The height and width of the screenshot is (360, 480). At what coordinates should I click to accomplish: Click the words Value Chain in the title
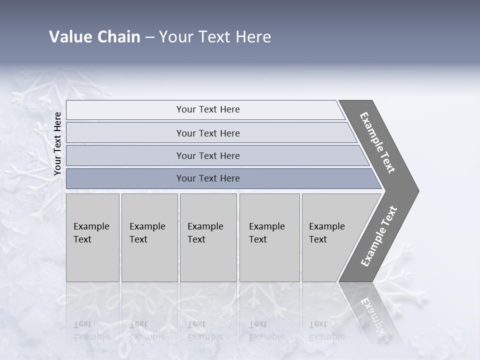pos(94,36)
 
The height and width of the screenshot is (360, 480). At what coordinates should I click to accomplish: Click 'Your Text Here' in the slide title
pos(215,36)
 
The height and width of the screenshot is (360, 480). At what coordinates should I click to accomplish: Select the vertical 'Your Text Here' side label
pos(57,144)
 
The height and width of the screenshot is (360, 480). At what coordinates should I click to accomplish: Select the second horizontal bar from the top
pos(207,133)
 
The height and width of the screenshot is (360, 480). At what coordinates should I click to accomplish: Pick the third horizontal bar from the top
pos(207,155)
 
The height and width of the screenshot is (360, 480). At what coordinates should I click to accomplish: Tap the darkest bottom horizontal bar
pos(207,178)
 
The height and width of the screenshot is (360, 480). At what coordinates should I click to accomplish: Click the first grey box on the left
pos(92,237)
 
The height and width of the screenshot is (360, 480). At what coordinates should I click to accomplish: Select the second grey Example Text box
pos(149,237)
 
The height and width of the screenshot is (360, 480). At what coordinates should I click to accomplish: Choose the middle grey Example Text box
pos(208,237)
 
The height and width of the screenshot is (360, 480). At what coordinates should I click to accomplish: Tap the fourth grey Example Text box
pos(269,237)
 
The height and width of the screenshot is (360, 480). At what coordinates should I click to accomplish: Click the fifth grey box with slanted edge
pos(330,237)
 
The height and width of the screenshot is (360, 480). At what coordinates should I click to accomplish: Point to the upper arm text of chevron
pos(377,142)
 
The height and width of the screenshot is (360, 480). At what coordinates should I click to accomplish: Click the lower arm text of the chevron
pos(379,236)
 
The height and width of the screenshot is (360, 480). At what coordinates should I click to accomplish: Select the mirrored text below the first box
pos(91,330)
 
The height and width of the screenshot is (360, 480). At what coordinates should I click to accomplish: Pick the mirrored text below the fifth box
pos(326,330)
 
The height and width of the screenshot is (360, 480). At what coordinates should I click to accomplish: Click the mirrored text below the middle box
pos(205,330)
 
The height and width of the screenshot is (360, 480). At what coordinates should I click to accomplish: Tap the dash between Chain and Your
pos(149,37)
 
